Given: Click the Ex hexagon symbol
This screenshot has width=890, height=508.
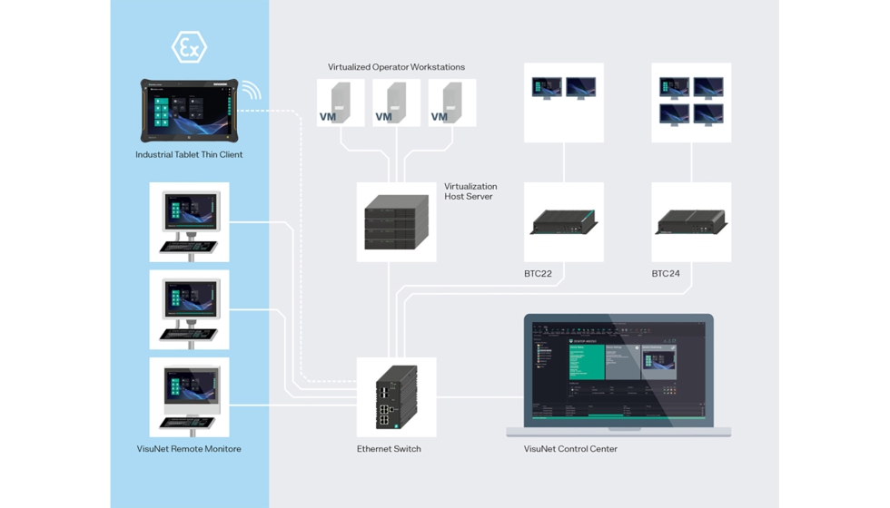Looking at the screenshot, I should click(x=189, y=47).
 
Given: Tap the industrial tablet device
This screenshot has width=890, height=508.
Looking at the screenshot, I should click(x=189, y=111).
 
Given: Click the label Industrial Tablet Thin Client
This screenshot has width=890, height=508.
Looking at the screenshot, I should click(x=189, y=155).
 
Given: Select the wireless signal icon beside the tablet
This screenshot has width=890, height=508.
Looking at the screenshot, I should click(x=251, y=91).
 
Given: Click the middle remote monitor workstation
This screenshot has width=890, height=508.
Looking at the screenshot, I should click(x=189, y=309).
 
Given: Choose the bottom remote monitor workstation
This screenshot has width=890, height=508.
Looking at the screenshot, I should click(x=189, y=396).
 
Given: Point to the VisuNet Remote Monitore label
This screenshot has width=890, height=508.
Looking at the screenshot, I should click(x=189, y=449).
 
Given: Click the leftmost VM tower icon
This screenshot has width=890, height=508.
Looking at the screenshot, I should click(x=340, y=103).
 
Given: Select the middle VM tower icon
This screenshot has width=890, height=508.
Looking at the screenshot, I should click(x=396, y=103).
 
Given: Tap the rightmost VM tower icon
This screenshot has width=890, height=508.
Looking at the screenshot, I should click(x=451, y=103).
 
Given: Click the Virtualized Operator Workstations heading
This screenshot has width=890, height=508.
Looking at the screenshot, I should click(x=396, y=67).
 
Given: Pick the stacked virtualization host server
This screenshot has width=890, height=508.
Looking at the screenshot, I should click(x=396, y=222).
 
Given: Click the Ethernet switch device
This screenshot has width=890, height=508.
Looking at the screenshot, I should click(x=396, y=397).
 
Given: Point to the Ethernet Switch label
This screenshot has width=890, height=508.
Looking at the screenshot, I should click(x=389, y=449).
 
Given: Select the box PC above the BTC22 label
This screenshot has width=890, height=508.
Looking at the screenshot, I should click(x=563, y=222).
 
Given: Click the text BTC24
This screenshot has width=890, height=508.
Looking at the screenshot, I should click(x=666, y=274).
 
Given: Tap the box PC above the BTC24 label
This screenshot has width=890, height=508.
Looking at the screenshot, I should click(x=691, y=222).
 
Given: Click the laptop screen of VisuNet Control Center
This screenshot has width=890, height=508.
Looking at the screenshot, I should click(x=618, y=367).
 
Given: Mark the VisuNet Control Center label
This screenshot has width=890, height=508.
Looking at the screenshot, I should click(x=570, y=449).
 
